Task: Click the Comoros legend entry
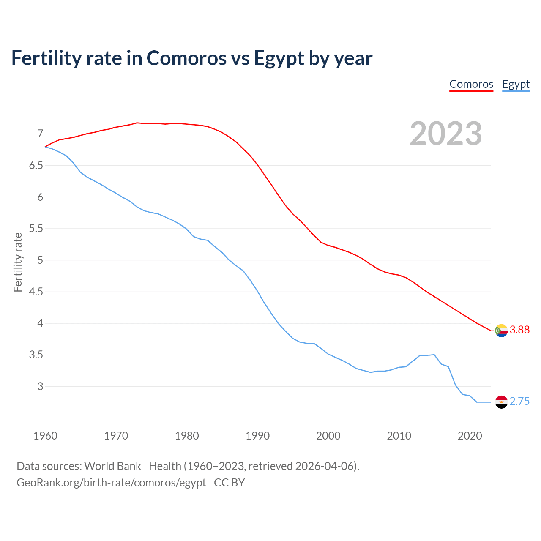pos(471,84)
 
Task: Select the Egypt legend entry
pos(516,84)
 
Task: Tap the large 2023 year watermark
pos(446,134)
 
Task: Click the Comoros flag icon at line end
pos(501,330)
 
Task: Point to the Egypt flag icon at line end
pos(501,402)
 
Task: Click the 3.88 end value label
pos(519,330)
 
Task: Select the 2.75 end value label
pos(519,402)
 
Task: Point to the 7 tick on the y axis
pos(40,134)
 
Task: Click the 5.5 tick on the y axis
pos(36,229)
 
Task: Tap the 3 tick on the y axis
pos(40,386)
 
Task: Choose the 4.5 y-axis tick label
pos(36,292)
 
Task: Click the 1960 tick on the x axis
pos(45,436)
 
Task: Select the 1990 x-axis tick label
pos(257,436)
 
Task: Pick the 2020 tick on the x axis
pos(470,436)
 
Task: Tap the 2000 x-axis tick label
pos(328,436)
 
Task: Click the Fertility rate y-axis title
pos(18,262)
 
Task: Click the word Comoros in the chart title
pos(186,58)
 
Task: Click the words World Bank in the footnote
pos(112,466)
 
